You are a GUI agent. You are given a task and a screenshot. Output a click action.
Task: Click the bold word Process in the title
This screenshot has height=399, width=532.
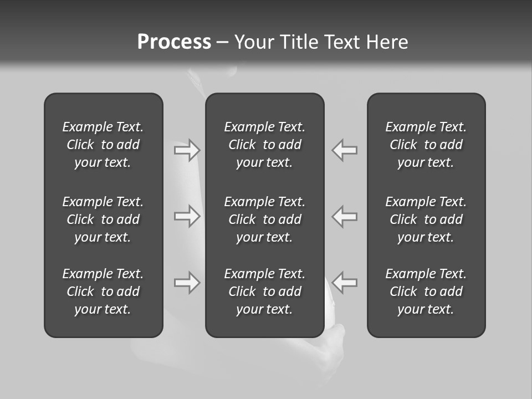(x=174, y=42)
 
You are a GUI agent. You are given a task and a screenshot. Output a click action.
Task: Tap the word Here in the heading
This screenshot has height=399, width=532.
(x=387, y=42)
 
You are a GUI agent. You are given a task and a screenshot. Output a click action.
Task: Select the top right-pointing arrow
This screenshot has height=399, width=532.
(x=187, y=150)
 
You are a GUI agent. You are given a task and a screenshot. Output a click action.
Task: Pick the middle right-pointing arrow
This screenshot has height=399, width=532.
(x=187, y=216)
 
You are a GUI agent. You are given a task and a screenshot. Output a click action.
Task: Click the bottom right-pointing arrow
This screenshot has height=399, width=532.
(x=187, y=283)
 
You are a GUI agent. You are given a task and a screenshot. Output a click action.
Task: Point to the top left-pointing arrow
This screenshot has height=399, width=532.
(x=344, y=150)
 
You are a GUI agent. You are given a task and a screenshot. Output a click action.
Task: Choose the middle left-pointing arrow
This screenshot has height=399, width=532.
(x=344, y=216)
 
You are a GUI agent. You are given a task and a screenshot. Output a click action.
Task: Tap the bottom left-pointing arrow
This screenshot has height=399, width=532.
(x=344, y=283)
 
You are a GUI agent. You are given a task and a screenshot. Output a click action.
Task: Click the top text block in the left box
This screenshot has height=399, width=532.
(x=103, y=145)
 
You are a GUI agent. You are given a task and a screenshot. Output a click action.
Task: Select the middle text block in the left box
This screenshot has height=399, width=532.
(x=103, y=219)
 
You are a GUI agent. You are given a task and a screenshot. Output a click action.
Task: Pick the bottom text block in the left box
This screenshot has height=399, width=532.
(x=103, y=291)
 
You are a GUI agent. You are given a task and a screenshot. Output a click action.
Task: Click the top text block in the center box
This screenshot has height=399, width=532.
(x=264, y=145)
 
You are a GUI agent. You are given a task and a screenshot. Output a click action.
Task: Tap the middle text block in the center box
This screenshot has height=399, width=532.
(x=264, y=219)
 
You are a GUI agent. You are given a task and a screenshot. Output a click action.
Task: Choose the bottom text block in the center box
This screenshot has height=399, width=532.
(x=264, y=291)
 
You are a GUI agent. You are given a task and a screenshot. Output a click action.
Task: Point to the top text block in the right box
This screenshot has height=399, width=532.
(x=426, y=145)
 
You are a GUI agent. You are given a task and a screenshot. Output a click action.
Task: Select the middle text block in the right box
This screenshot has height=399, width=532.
(x=426, y=219)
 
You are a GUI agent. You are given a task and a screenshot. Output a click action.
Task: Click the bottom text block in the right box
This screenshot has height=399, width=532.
(x=426, y=291)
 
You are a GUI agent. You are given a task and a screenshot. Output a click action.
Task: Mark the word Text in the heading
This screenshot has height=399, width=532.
(x=343, y=42)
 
